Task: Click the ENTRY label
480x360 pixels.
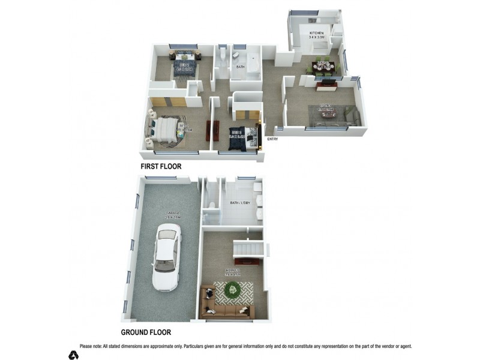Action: coord(273,140)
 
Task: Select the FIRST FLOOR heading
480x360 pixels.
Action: coord(160,166)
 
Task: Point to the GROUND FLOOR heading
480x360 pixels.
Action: coord(146,332)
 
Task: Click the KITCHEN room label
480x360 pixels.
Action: coord(316,33)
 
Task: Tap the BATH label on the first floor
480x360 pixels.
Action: coord(240,67)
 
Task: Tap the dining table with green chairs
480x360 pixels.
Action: coord(322,67)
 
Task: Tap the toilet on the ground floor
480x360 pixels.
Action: coord(208,211)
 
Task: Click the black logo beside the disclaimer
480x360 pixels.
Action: coord(73,354)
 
